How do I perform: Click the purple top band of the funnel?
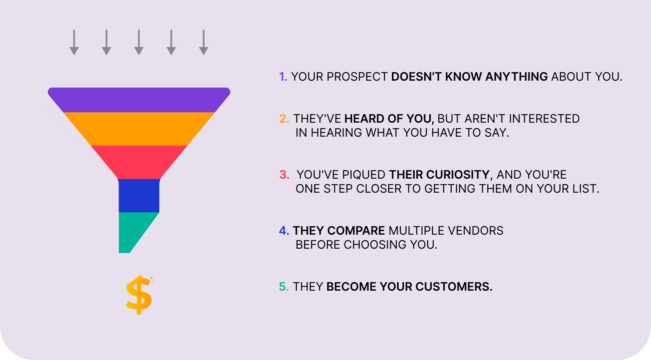point(139,100)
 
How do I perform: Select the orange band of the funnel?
point(139,129)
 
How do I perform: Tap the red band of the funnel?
point(139,162)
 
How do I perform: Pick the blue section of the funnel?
point(139,196)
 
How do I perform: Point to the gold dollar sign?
point(139,295)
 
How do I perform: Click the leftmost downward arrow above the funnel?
point(74,42)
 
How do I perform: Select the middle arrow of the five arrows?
point(139,42)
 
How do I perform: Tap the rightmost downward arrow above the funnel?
point(204,42)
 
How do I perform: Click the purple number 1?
point(283,77)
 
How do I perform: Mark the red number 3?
point(284,175)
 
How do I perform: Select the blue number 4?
point(284,231)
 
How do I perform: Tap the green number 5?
point(284,287)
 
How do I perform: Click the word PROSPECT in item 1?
point(357,77)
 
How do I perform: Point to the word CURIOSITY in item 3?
point(457,175)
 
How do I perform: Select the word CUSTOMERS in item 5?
point(454,287)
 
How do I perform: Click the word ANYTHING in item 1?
point(516,77)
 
